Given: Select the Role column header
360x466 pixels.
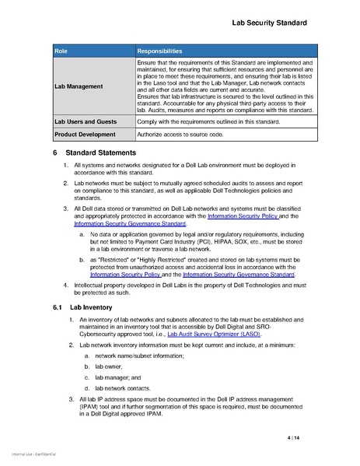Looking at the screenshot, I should [x=61, y=50].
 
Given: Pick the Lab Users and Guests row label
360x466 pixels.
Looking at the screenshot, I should [x=86, y=122].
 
